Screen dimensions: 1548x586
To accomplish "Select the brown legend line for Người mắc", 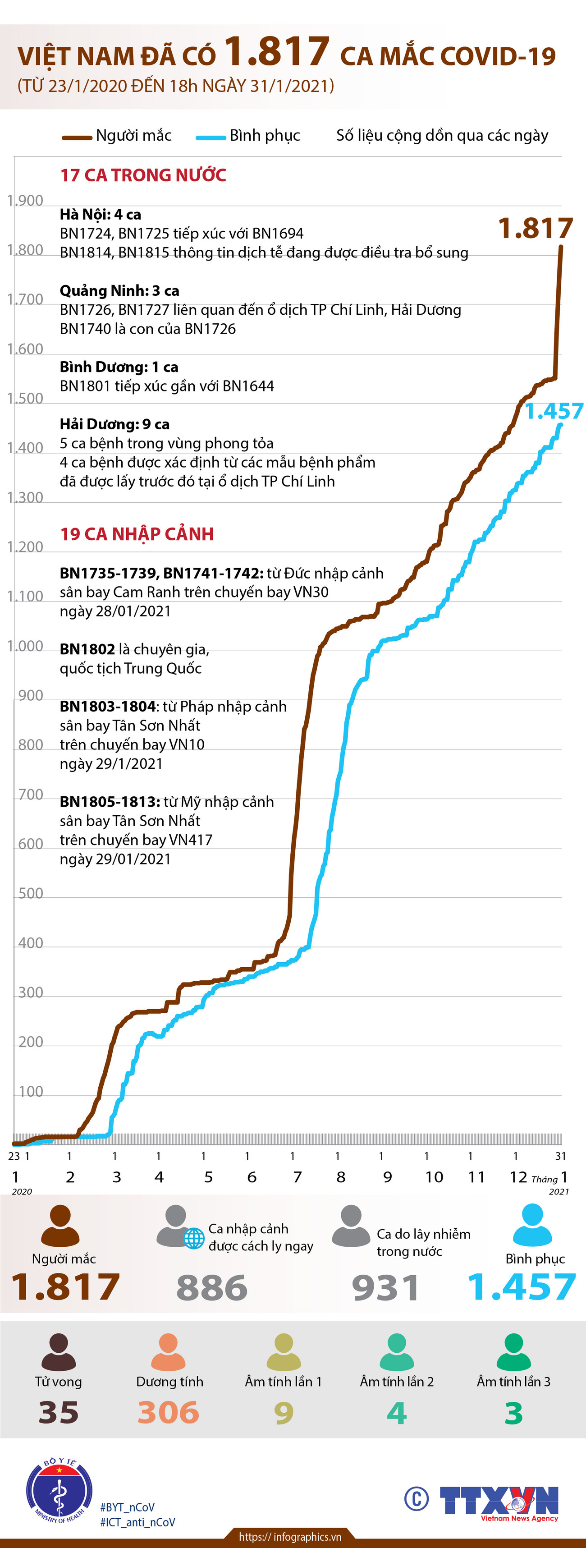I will [x=78, y=137].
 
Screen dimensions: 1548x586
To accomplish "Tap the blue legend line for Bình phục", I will [x=211, y=137].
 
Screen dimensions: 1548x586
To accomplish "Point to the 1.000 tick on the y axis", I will [x=25, y=646].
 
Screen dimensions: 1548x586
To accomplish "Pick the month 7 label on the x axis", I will [x=297, y=1176].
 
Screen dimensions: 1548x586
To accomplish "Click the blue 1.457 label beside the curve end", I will [x=554, y=411].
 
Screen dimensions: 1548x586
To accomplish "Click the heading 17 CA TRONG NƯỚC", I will [x=143, y=175].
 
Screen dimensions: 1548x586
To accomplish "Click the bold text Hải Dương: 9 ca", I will [x=114, y=424].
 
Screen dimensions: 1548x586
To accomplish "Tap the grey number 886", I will [x=211, y=1288].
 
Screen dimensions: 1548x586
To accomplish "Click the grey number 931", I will [x=385, y=1288].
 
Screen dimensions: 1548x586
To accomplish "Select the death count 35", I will [x=58, y=1412].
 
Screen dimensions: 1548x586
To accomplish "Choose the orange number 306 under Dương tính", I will [x=168, y=1412].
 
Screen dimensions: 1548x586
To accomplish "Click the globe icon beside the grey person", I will [x=193, y=1238].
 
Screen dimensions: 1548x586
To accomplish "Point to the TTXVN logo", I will [x=499, y=1501].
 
